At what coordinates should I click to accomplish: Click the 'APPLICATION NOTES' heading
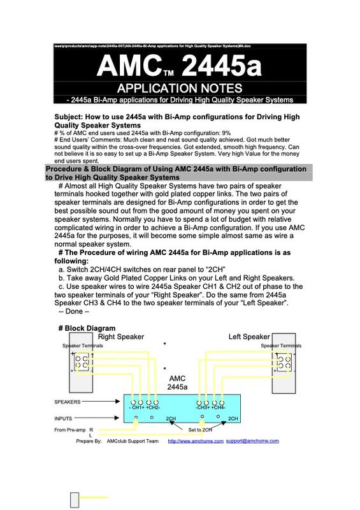pyautogui.click(x=180, y=87)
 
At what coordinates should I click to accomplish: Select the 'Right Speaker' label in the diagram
pyautogui.click(x=122, y=337)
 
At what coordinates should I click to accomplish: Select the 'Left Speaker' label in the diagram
pyautogui.click(x=249, y=337)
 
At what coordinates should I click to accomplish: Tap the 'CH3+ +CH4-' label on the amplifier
pyautogui.click(x=210, y=407)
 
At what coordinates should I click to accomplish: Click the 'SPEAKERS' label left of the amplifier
pyautogui.click(x=68, y=402)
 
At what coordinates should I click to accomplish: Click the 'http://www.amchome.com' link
pyautogui.click(x=195, y=441)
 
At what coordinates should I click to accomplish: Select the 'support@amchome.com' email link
pyautogui.click(x=252, y=441)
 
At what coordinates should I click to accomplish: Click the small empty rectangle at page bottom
pyautogui.click(x=74, y=498)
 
